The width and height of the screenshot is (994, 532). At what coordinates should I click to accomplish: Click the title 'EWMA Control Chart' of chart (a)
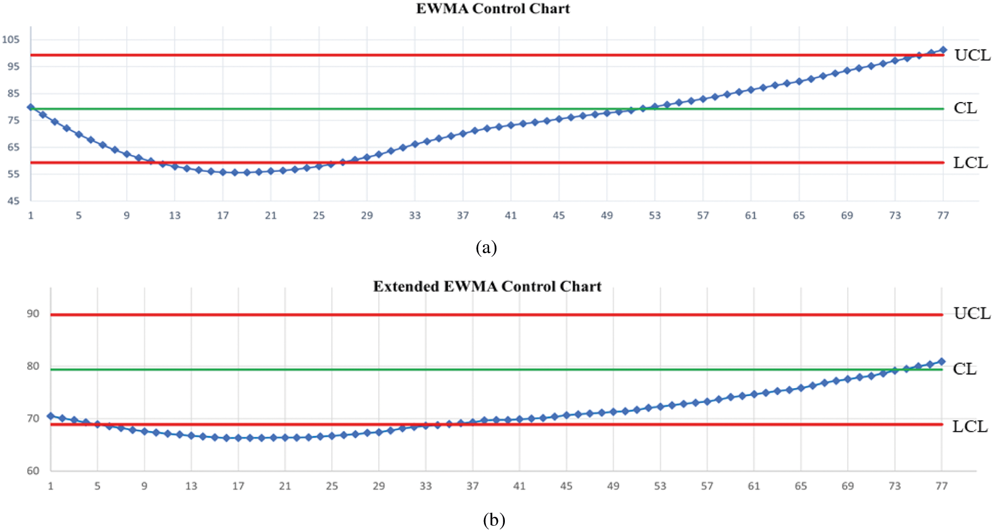tap(493, 9)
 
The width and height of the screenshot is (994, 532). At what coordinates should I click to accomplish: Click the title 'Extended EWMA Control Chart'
tap(487, 287)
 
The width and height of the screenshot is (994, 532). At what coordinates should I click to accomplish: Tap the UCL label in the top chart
tap(972, 55)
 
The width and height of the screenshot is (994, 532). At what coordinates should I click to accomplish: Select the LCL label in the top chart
tap(970, 163)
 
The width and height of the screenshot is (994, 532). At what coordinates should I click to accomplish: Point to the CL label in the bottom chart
tap(964, 369)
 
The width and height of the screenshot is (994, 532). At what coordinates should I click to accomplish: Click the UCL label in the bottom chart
tap(972, 313)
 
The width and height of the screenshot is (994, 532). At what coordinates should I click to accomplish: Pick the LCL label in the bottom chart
tap(969, 426)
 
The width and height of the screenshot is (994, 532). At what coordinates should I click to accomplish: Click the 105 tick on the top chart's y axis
tap(10, 39)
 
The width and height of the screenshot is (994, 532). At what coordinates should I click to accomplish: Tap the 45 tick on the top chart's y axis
tap(13, 201)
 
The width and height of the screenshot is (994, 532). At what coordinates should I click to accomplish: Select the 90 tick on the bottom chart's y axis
tap(33, 313)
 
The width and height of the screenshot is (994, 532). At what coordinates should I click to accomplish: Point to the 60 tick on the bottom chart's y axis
tap(33, 471)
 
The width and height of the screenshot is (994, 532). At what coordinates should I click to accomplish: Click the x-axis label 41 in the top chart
tap(511, 216)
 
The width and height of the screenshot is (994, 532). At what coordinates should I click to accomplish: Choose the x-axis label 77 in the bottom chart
tap(941, 486)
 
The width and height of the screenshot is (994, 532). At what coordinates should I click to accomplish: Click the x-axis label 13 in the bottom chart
tap(191, 486)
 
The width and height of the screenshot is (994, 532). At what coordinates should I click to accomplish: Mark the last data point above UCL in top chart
tap(943, 50)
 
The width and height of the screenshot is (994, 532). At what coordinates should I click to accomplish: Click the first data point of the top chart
tap(31, 107)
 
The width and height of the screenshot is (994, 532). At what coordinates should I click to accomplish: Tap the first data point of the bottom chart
tap(51, 416)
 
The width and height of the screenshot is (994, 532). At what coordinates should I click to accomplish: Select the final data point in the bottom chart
tap(941, 361)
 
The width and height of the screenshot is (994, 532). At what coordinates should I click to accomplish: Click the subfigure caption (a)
tap(486, 247)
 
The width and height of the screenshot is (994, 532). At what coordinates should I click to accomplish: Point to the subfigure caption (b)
tap(494, 520)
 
